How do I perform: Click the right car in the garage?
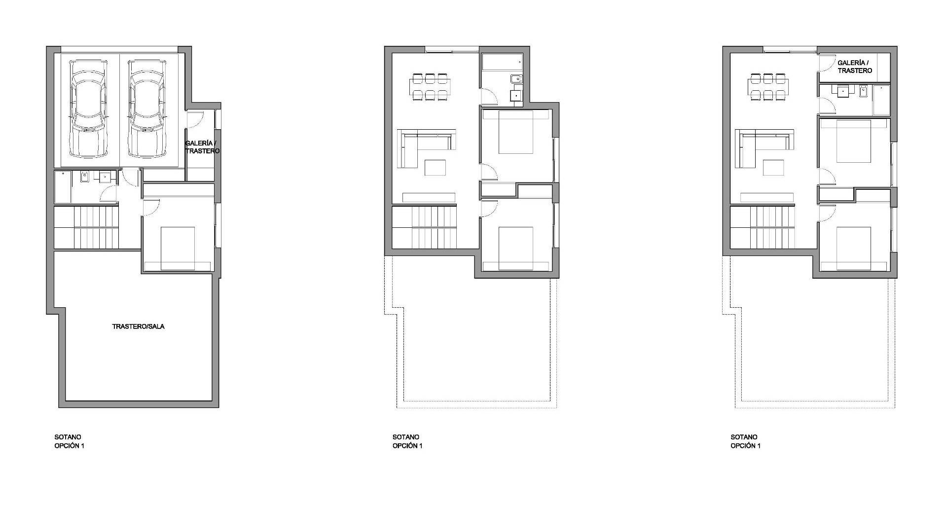coord(146,108)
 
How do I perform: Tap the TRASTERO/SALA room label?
coord(138,326)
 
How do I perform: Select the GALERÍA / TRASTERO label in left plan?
coord(202,147)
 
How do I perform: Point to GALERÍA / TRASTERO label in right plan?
coord(855,67)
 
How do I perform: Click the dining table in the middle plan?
coord(429,86)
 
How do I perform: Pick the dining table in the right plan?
coord(767,86)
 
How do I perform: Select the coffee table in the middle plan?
coord(436,168)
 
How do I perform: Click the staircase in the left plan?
coord(86,228)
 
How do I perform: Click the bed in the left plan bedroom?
coord(178,249)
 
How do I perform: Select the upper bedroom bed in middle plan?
coord(516,132)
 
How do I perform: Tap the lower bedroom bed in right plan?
coord(854,249)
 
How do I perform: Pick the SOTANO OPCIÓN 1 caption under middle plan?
coord(407,441)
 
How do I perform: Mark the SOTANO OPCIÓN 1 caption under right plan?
coord(745,441)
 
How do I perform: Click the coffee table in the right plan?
coord(773,168)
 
